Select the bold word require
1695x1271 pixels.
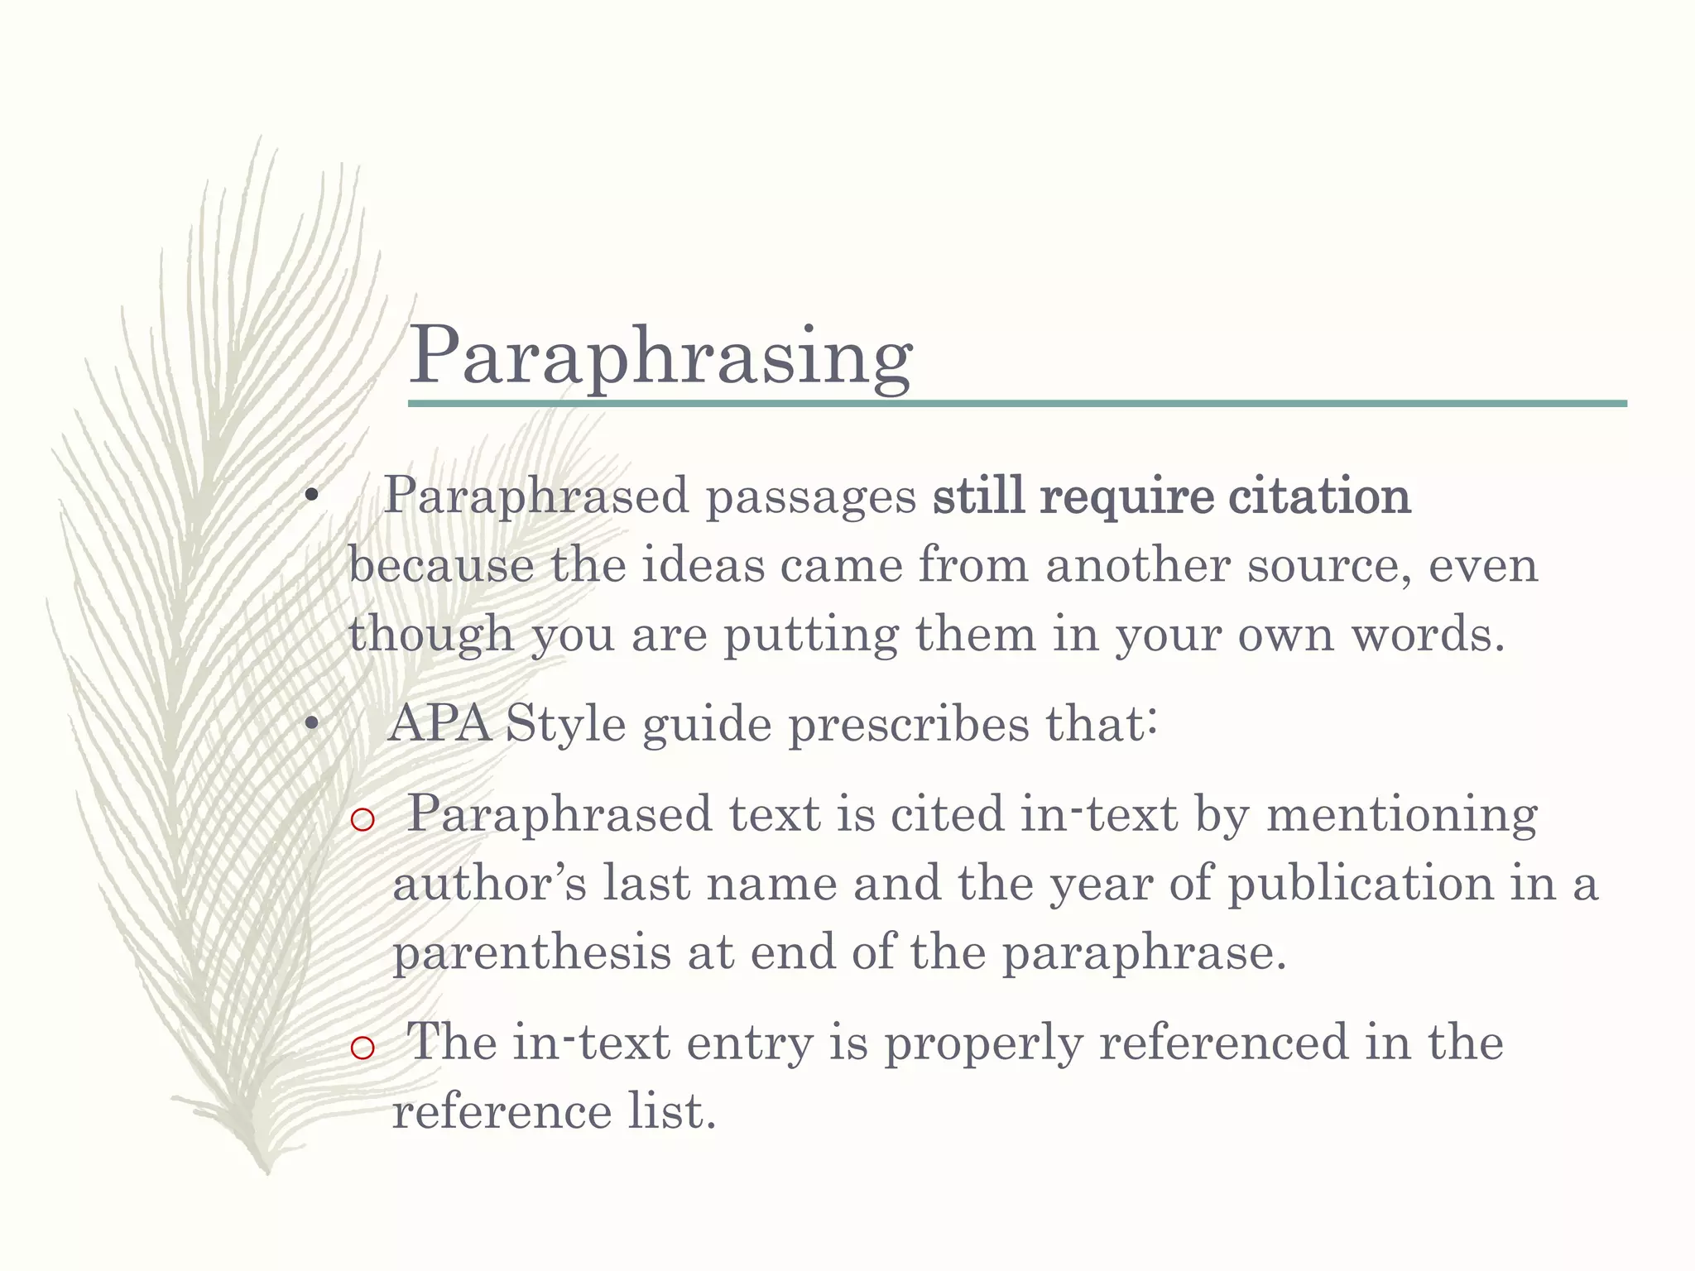(1126, 498)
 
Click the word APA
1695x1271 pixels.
(439, 724)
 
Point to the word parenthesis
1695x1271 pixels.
(531, 953)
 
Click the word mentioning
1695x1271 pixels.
(1401, 815)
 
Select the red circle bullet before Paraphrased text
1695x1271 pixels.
(363, 820)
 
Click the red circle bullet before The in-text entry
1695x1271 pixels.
(363, 1048)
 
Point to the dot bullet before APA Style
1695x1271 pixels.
(311, 726)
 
